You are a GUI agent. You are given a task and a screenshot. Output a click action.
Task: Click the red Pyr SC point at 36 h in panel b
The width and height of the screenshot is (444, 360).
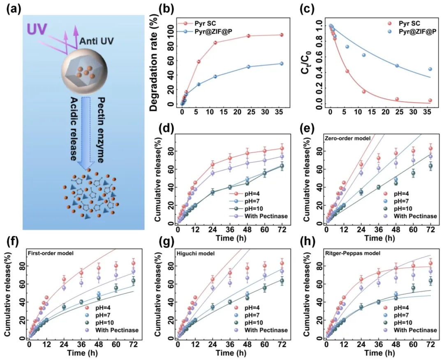(281, 35)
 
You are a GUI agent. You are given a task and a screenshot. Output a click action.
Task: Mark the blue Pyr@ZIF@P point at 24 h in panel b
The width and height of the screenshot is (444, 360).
(248, 67)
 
